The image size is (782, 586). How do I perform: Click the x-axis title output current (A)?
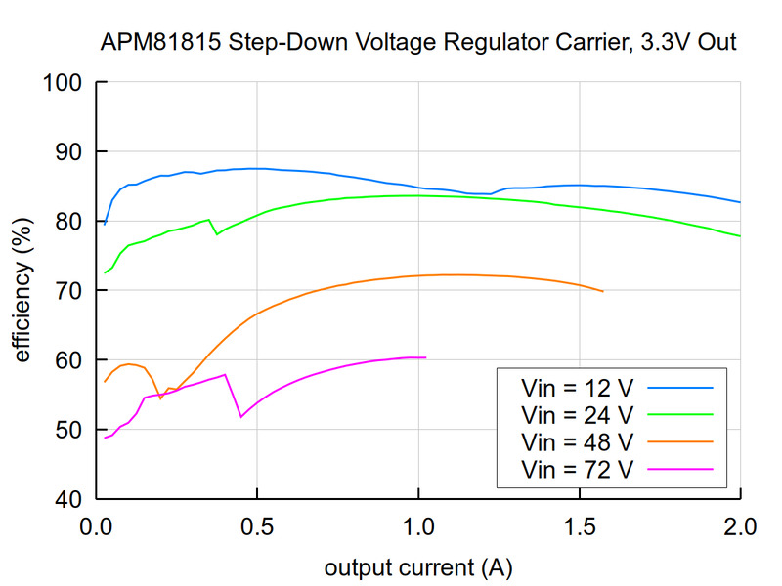coord(418,567)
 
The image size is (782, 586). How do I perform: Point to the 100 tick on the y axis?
coord(64,82)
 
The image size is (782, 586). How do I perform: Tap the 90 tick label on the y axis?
coord(68,151)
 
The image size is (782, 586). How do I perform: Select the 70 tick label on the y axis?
coord(68,291)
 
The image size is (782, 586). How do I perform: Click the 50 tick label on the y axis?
coord(68,430)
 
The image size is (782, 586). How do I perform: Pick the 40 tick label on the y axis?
coord(68,499)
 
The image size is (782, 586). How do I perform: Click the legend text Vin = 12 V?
coord(578,387)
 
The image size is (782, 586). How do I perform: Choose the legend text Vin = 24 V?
coord(578,414)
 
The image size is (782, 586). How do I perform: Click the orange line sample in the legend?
coord(679,441)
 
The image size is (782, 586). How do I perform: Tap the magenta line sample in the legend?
coord(679,469)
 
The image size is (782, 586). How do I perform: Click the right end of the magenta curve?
coord(426,357)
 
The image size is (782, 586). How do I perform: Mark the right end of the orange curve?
coord(603,291)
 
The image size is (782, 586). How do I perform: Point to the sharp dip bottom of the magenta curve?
coord(241,417)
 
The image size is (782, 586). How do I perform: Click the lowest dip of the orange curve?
coord(161,398)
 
